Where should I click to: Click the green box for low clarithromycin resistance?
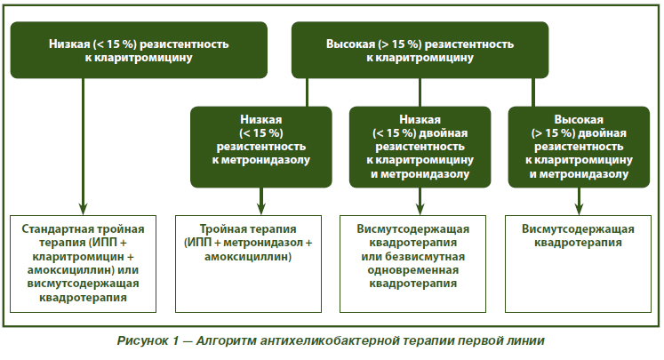(x=139, y=50)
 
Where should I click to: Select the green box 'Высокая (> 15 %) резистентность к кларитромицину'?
(x=420, y=50)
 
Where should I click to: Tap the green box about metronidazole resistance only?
(x=260, y=147)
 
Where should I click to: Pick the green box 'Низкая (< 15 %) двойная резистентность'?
(x=420, y=147)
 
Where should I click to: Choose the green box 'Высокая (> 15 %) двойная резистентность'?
(x=579, y=147)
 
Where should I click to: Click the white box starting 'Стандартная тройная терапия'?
(x=83, y=264)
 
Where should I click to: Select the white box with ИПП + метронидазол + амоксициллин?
(x=248, y=264)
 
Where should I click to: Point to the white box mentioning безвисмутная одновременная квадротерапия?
(x=412, y=264)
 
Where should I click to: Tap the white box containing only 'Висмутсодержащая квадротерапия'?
(x=578, y=264)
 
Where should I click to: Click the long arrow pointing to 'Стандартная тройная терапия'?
(x=83, y=147)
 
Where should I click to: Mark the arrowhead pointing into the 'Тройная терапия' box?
(x=260, y=209)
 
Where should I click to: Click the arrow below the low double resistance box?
(x=420, y=201)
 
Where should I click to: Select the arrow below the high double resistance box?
(x=579, y=201)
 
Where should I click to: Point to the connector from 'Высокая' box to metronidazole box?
(x=307, y=92)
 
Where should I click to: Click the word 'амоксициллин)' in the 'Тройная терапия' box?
(x=248, y=257)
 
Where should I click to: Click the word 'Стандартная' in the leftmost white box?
(x=52, y=229)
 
